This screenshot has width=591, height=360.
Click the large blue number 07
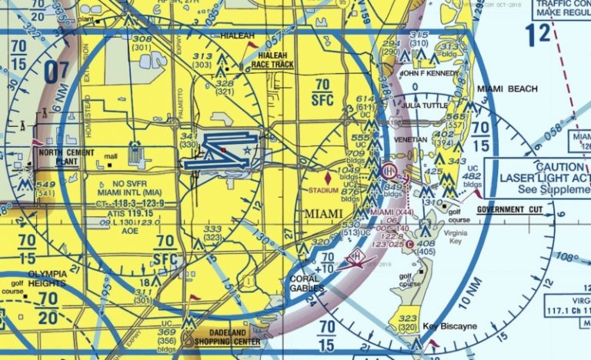(57, 72)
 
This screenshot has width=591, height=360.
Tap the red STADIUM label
(322, 189)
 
